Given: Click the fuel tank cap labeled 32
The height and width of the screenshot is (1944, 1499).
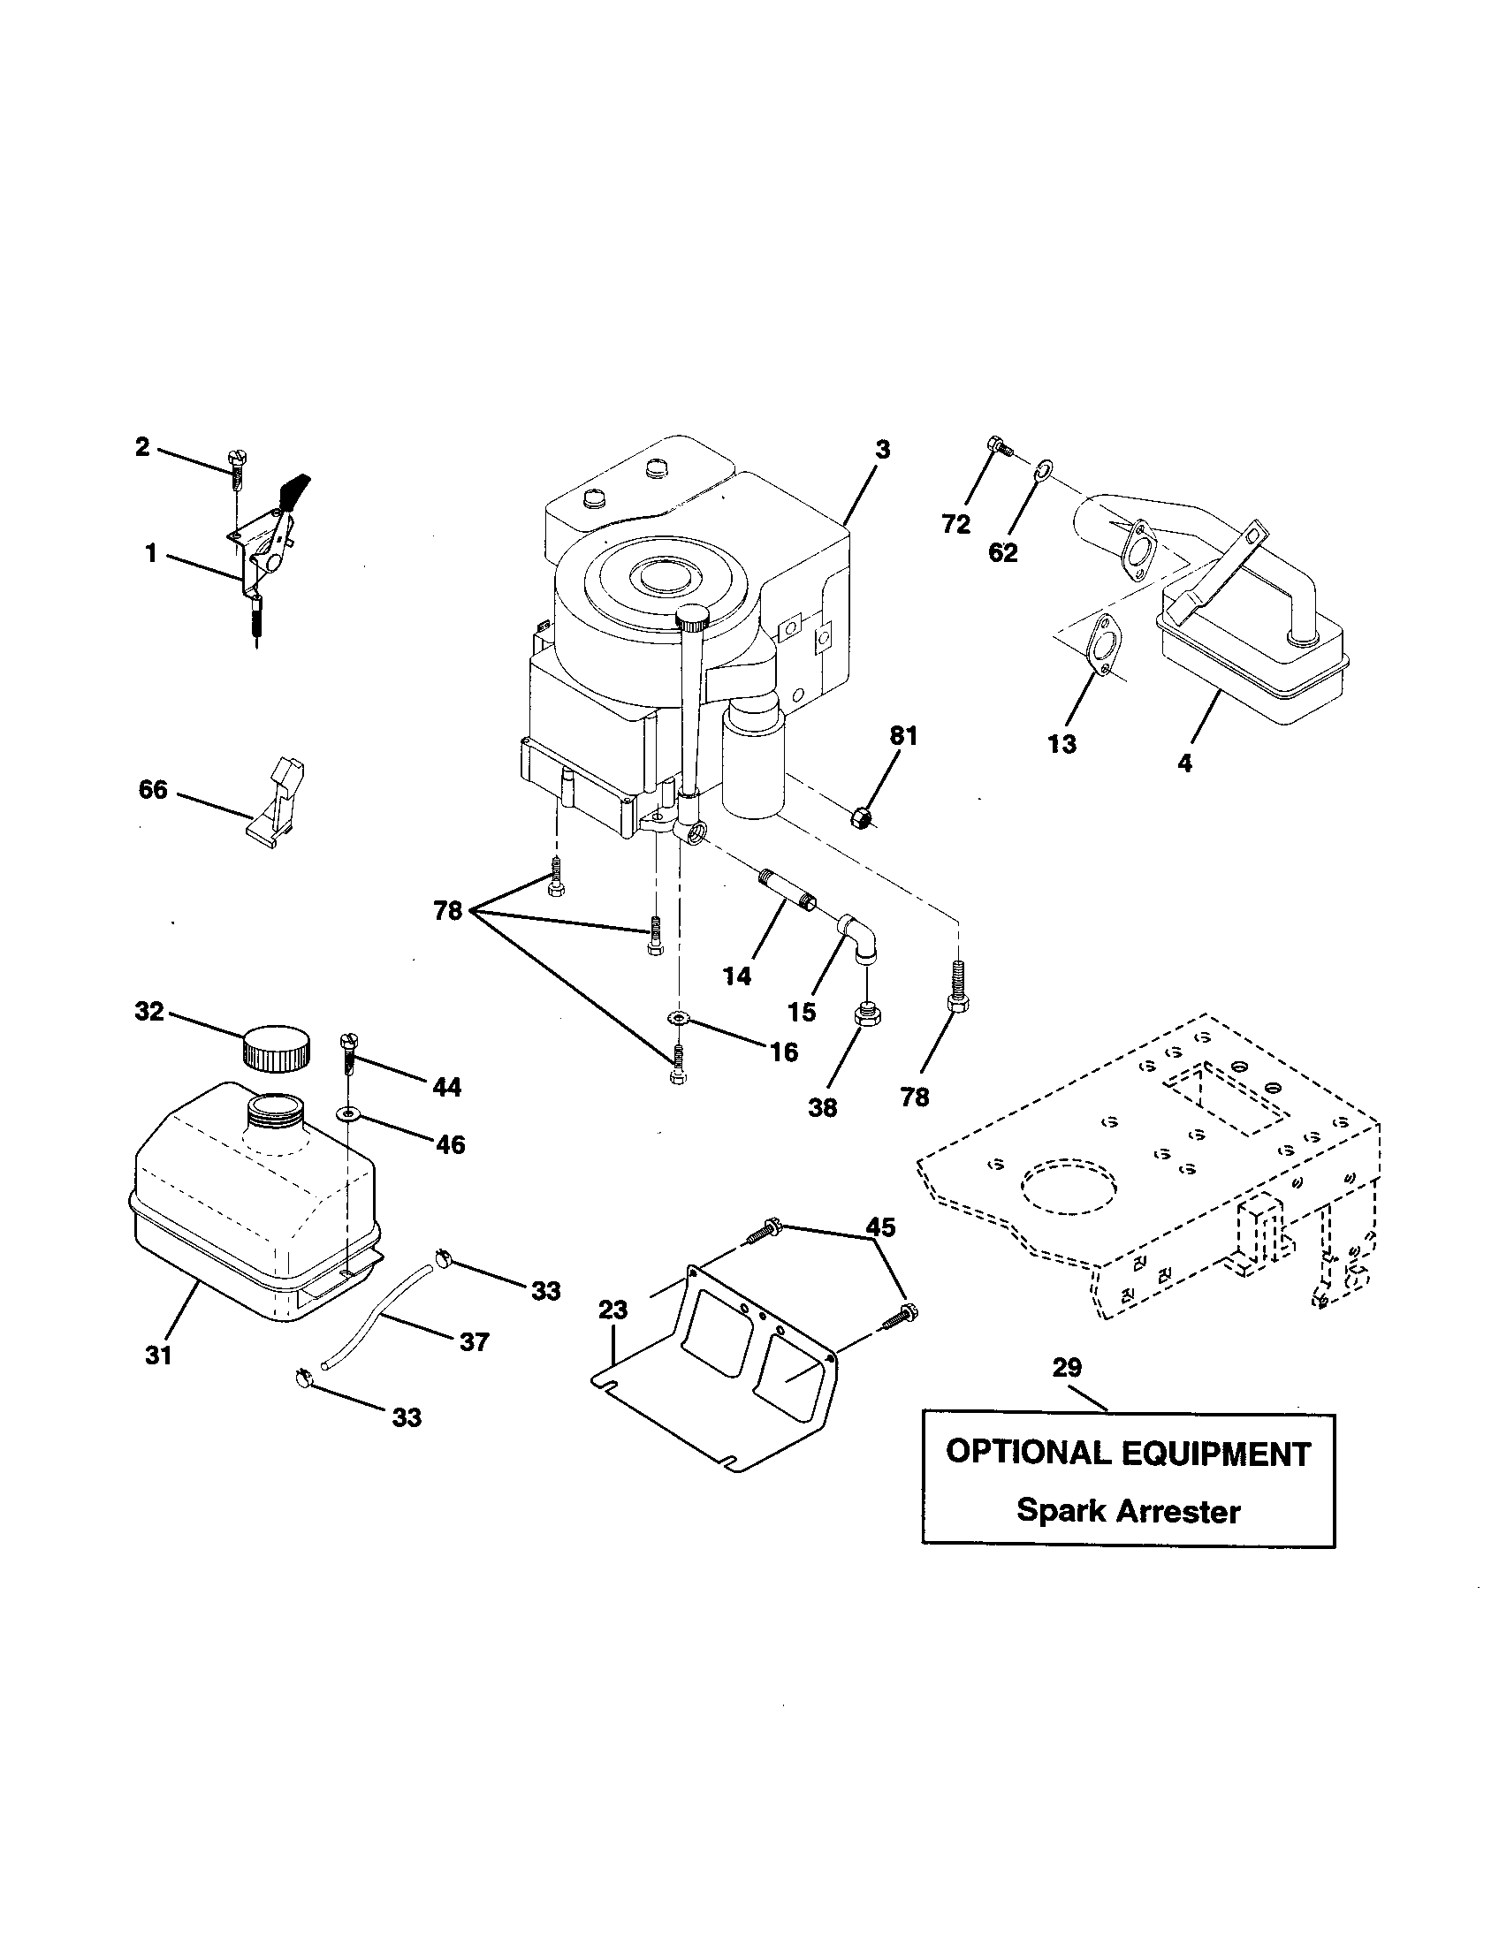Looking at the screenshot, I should (x=276, y=1049).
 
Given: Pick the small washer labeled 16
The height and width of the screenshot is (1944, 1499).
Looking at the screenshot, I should (x=679, y=1017).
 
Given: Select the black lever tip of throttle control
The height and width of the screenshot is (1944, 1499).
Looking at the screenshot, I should (x=295, y=489).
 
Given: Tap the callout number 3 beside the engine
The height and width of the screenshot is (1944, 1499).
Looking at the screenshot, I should (x=881, y=450).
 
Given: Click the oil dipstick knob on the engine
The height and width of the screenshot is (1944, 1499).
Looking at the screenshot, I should (x=693, y=615).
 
